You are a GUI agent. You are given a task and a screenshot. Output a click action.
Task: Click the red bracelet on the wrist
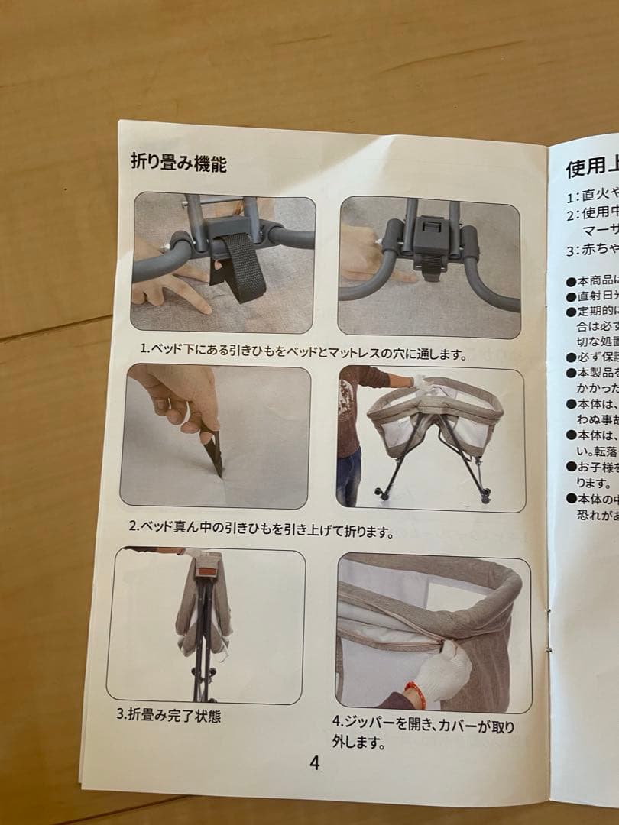coord(416,693)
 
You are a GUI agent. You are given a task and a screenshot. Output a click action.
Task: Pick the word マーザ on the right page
coord(599,229)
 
